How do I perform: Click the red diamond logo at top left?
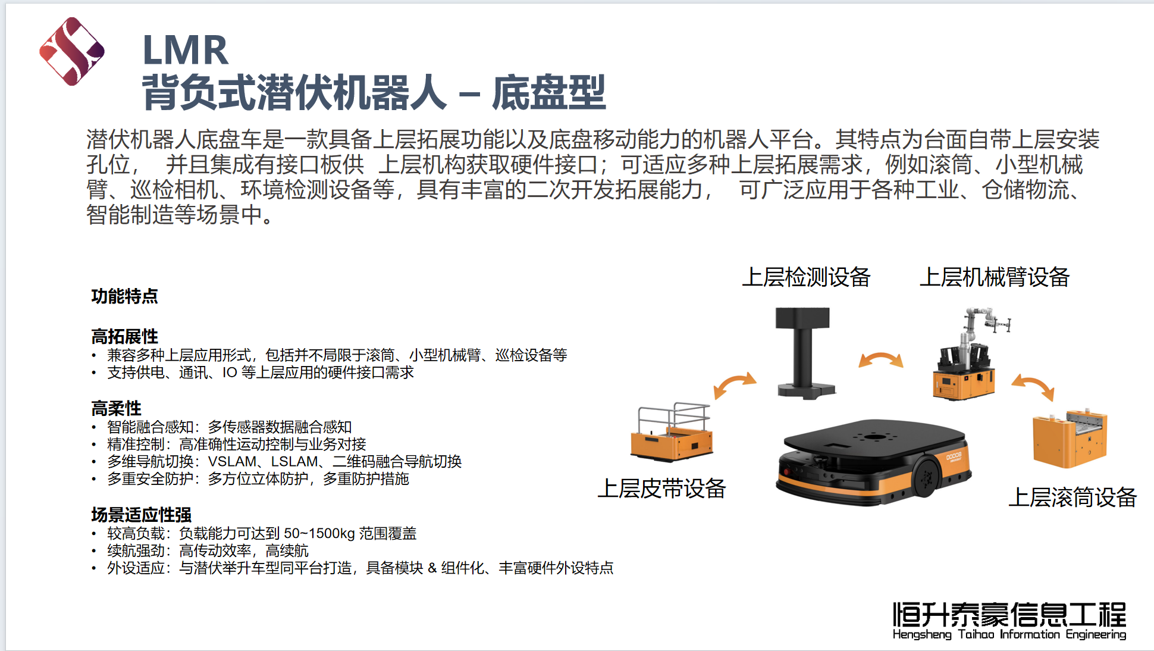pyautogui.click(x=72, y=51)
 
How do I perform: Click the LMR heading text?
pyautogui.click(x=186, y=50)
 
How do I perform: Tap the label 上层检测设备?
pyautogui.click(x=806, y=277)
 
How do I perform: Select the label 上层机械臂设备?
pyautogui.click(x=995, y=277)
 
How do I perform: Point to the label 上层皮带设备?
pyautogui.click(x=661, y=489)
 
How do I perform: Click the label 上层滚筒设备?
pyautogui.click(x=1073, y=497)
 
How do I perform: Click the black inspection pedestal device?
pyautogui.click(x=804, y=353)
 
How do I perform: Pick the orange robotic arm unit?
pyautogui.click(x=970, y=354)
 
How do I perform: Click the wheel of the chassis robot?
pyautogui.click(x=926, y=476)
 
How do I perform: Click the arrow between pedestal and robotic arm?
pyautogui.click(x=881, y=359)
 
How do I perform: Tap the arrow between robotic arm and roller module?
pyautogui.click(x=1034, y=386)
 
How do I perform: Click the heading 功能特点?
pyautogui.click(x=124, y=296)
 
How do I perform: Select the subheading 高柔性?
pyautogui.click(x=116, y=409)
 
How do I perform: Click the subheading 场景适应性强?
pyautogui.click(x=141, y=515)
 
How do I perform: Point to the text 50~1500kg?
pyautogui.click(x=319, y=533)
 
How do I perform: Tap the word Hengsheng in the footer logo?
pyautogui.click(x=922, y=634)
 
